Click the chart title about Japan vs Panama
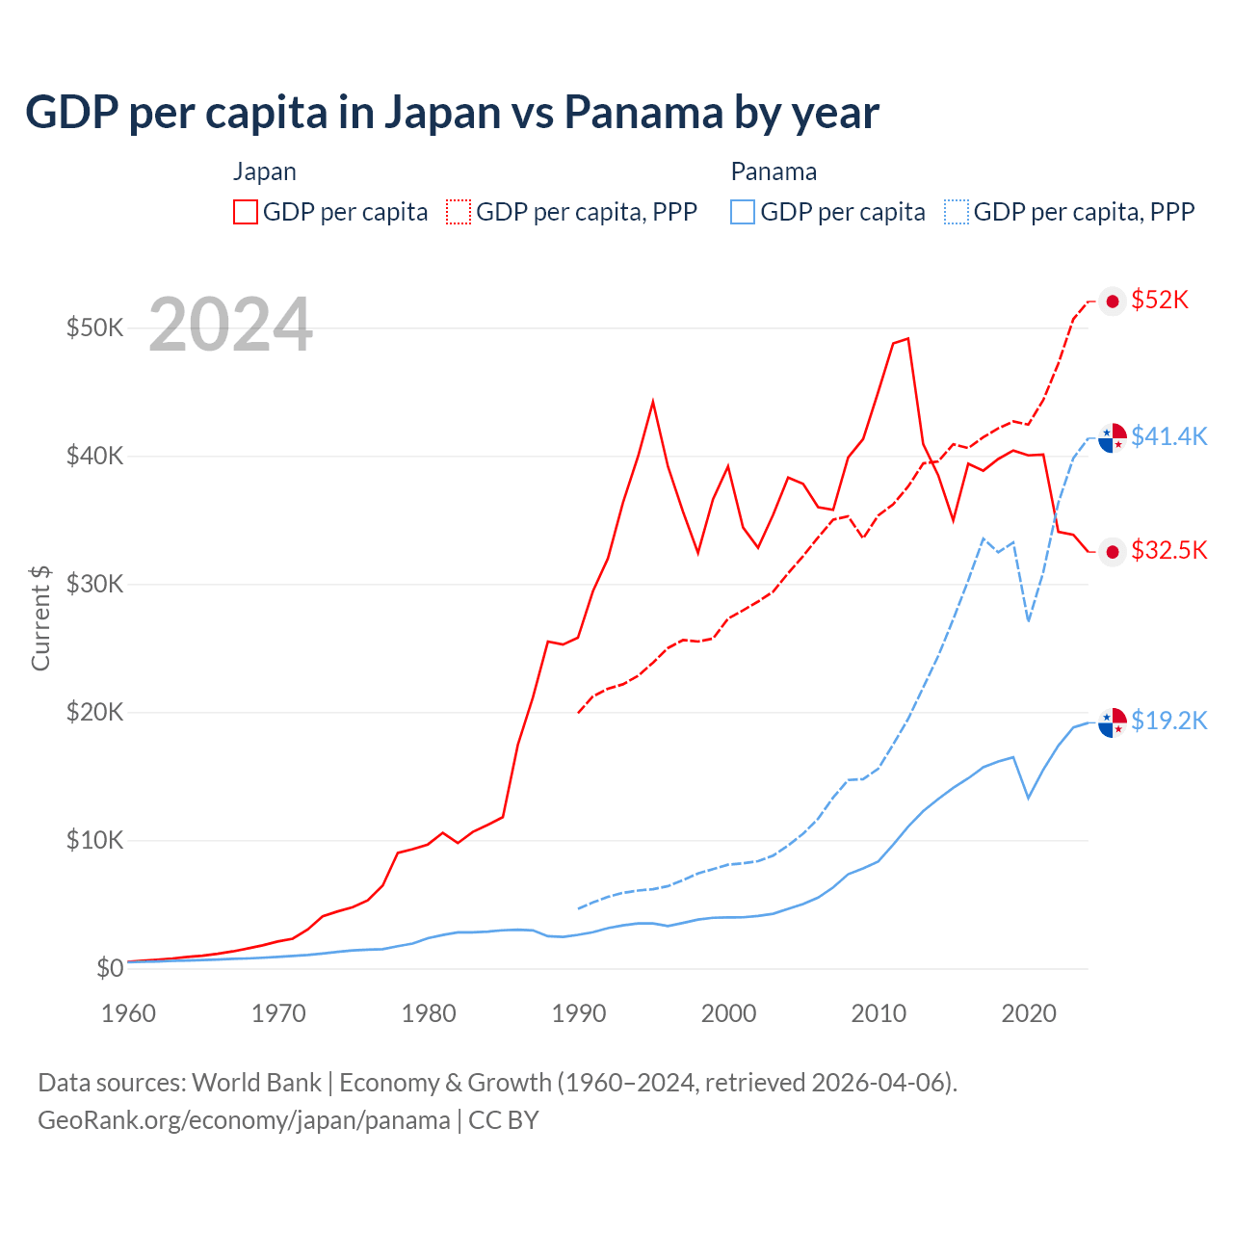[x=452, y=113]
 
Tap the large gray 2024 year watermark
[x=230, y=326]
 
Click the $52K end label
[x=1160, y=301]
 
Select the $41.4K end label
[x=1168, y=436]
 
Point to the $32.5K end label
[x=1168, y=550]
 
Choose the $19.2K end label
[x=1168, y=721]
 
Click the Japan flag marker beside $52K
[x=1113, y=302]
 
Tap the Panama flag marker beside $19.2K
[x=1113, y=721]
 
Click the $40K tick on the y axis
[x=94, y=456]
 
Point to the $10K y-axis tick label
[x=94, y=840]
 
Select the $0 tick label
[x=109, y=968]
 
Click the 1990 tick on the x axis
[x=578, y=1013]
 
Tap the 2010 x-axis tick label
[x=879, y=1013]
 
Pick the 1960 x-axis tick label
[x=128, y=1013]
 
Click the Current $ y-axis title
[x=40, y=617]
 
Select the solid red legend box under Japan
[x=246, y=212]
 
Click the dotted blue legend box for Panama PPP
[x=957, y=212]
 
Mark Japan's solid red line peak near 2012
[x=907, y=339]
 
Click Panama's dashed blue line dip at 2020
[x=1029, y=620]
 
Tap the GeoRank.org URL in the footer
[x=244, y=1120]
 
